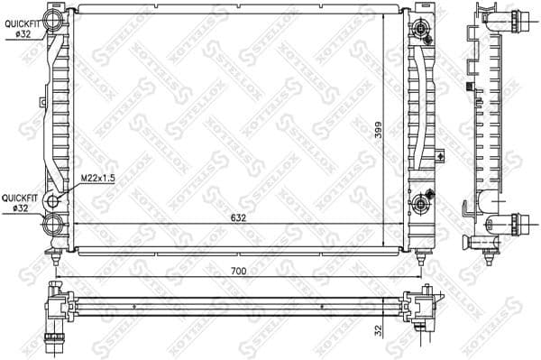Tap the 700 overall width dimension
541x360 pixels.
(238, 271)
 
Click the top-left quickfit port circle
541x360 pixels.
(55, 19)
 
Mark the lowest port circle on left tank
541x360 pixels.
(55, 223)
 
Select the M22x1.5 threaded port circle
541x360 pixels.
(54, 200)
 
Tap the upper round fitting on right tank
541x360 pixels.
(421, 32)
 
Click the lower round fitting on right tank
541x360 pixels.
(421, 207)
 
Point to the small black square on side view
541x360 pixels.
(467, 88)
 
